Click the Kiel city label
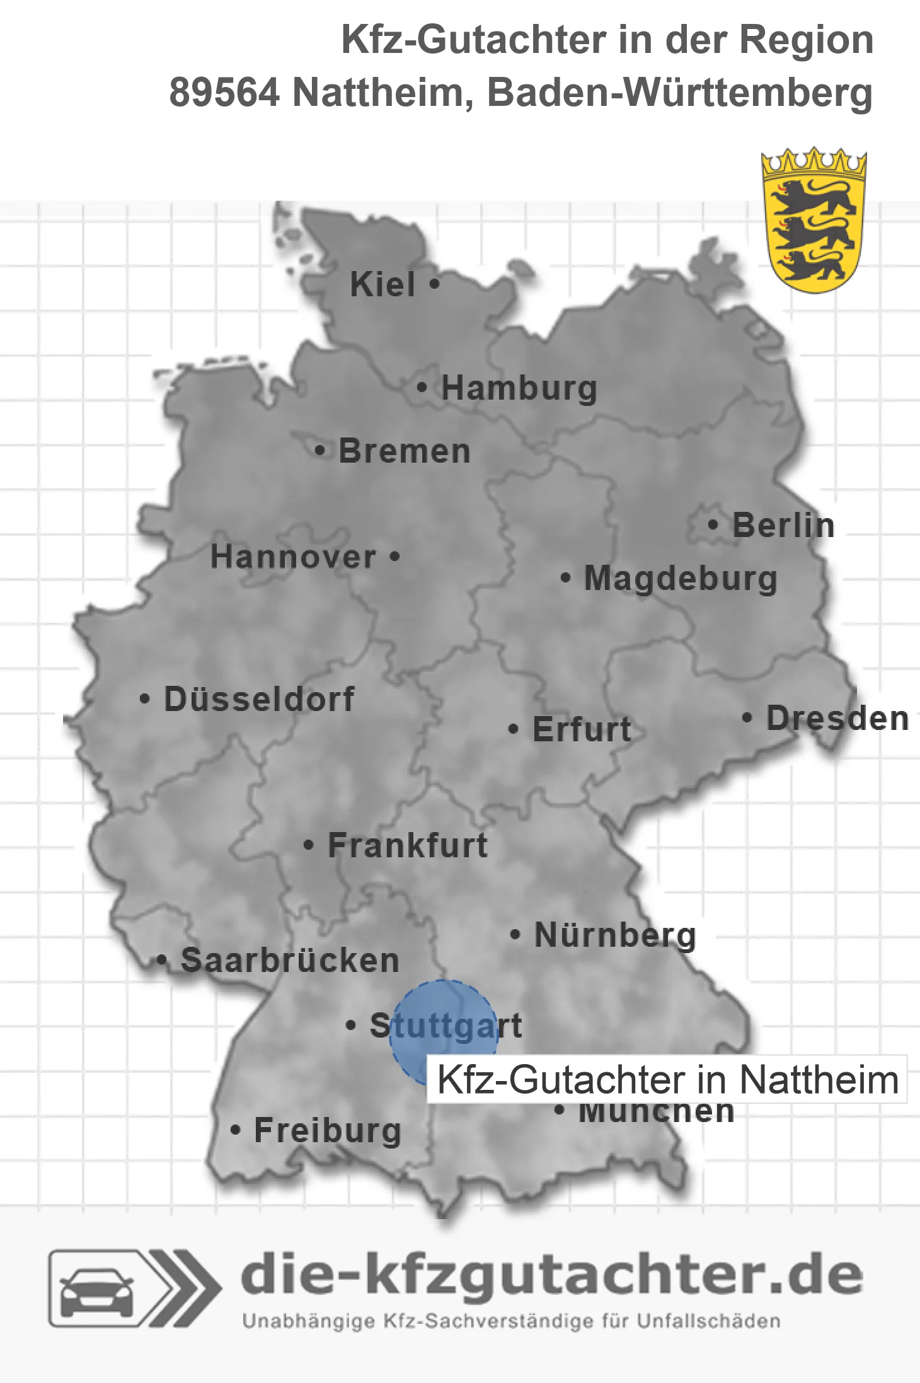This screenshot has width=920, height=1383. pos(382,284)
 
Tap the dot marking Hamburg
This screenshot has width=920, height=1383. pos(422,388)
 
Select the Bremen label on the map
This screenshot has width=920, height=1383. pos(405,451)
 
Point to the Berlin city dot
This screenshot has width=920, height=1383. pos(713,524)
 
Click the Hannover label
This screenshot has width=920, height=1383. pos(293,557)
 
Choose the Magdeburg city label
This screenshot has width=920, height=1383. pos(681,578)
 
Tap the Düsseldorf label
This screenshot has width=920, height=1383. pos(259,699)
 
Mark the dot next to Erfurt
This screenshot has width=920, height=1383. pos(514,729)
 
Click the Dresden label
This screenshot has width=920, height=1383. pos(837,719)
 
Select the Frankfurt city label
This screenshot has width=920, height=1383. pos(408,845)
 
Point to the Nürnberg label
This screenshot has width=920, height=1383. pos(615,935)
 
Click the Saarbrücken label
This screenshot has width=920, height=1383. pos(290,961)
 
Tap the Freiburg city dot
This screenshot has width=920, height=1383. pos(235,1130)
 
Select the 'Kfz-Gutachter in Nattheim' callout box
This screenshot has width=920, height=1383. pos(667,1079)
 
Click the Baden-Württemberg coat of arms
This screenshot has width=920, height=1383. pos(814,221)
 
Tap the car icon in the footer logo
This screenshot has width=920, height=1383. pos(96,1289)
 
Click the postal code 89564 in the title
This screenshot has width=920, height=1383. pos(224,93)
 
